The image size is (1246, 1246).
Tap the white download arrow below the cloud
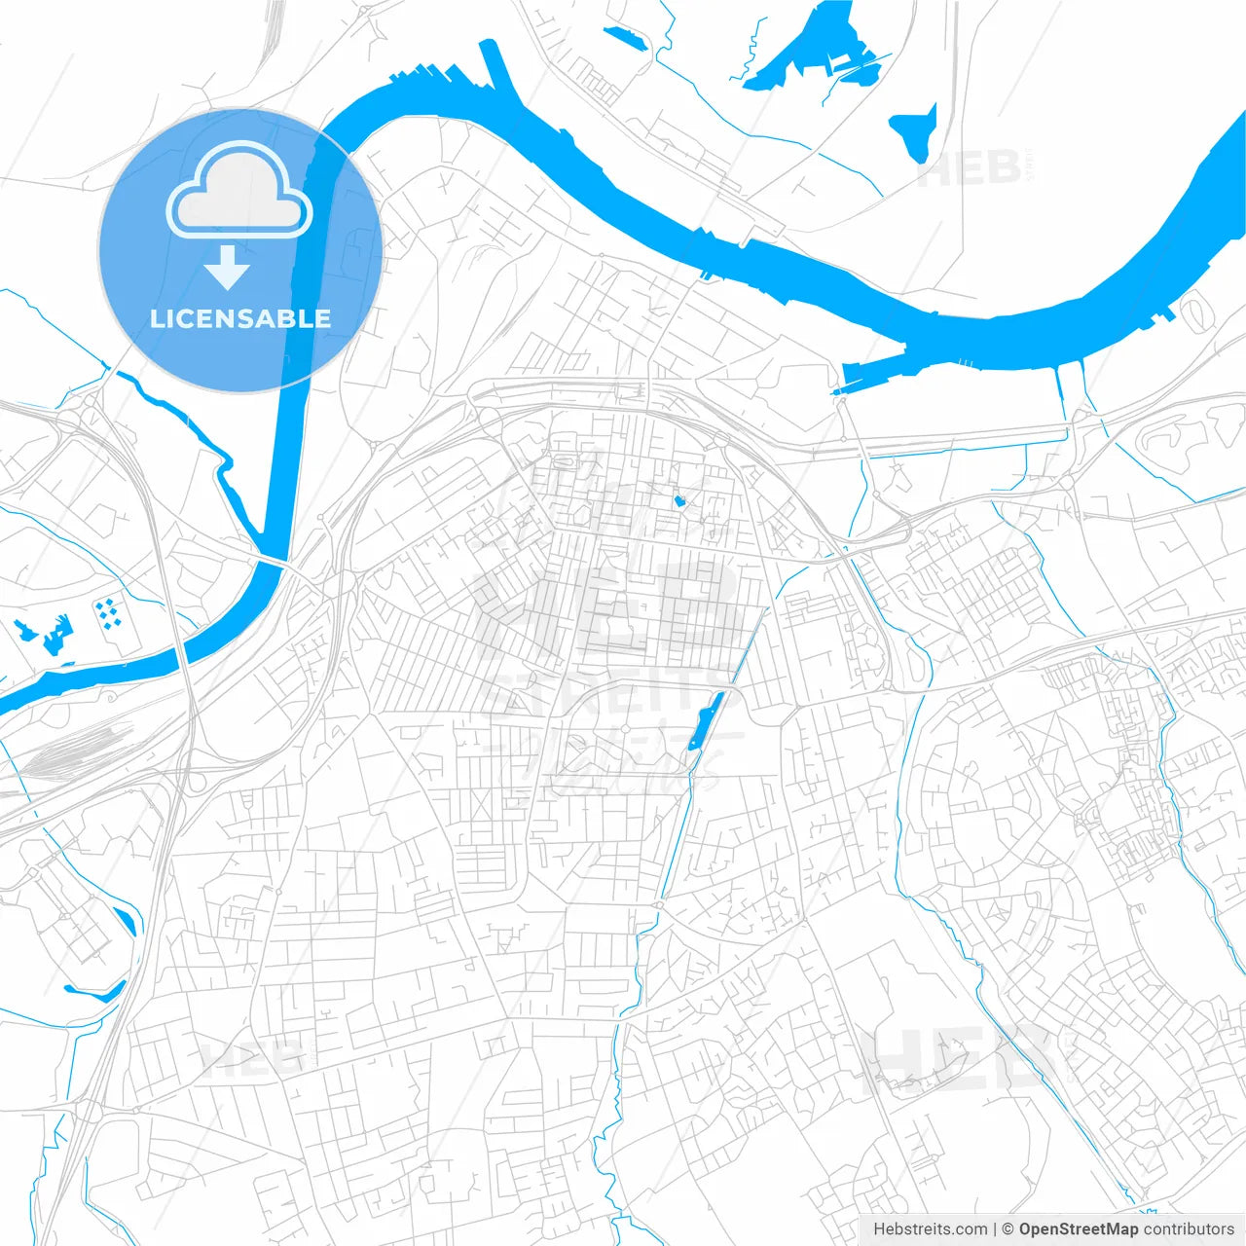(228, 269)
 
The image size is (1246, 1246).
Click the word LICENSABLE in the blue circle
(240, 318)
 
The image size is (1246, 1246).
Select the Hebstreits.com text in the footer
(930, 1229)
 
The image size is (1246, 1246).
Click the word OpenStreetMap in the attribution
(1078, 1229)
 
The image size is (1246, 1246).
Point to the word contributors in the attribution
(1189, 1229)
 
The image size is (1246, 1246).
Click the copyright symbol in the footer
(1008, 1229)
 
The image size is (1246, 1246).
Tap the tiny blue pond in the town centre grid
(679, 500)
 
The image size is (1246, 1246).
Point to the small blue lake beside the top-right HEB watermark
(915, 131)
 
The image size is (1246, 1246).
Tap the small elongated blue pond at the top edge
(625, 38)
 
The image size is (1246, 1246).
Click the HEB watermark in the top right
(969, 170)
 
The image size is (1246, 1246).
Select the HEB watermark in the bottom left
(251, 1056)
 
